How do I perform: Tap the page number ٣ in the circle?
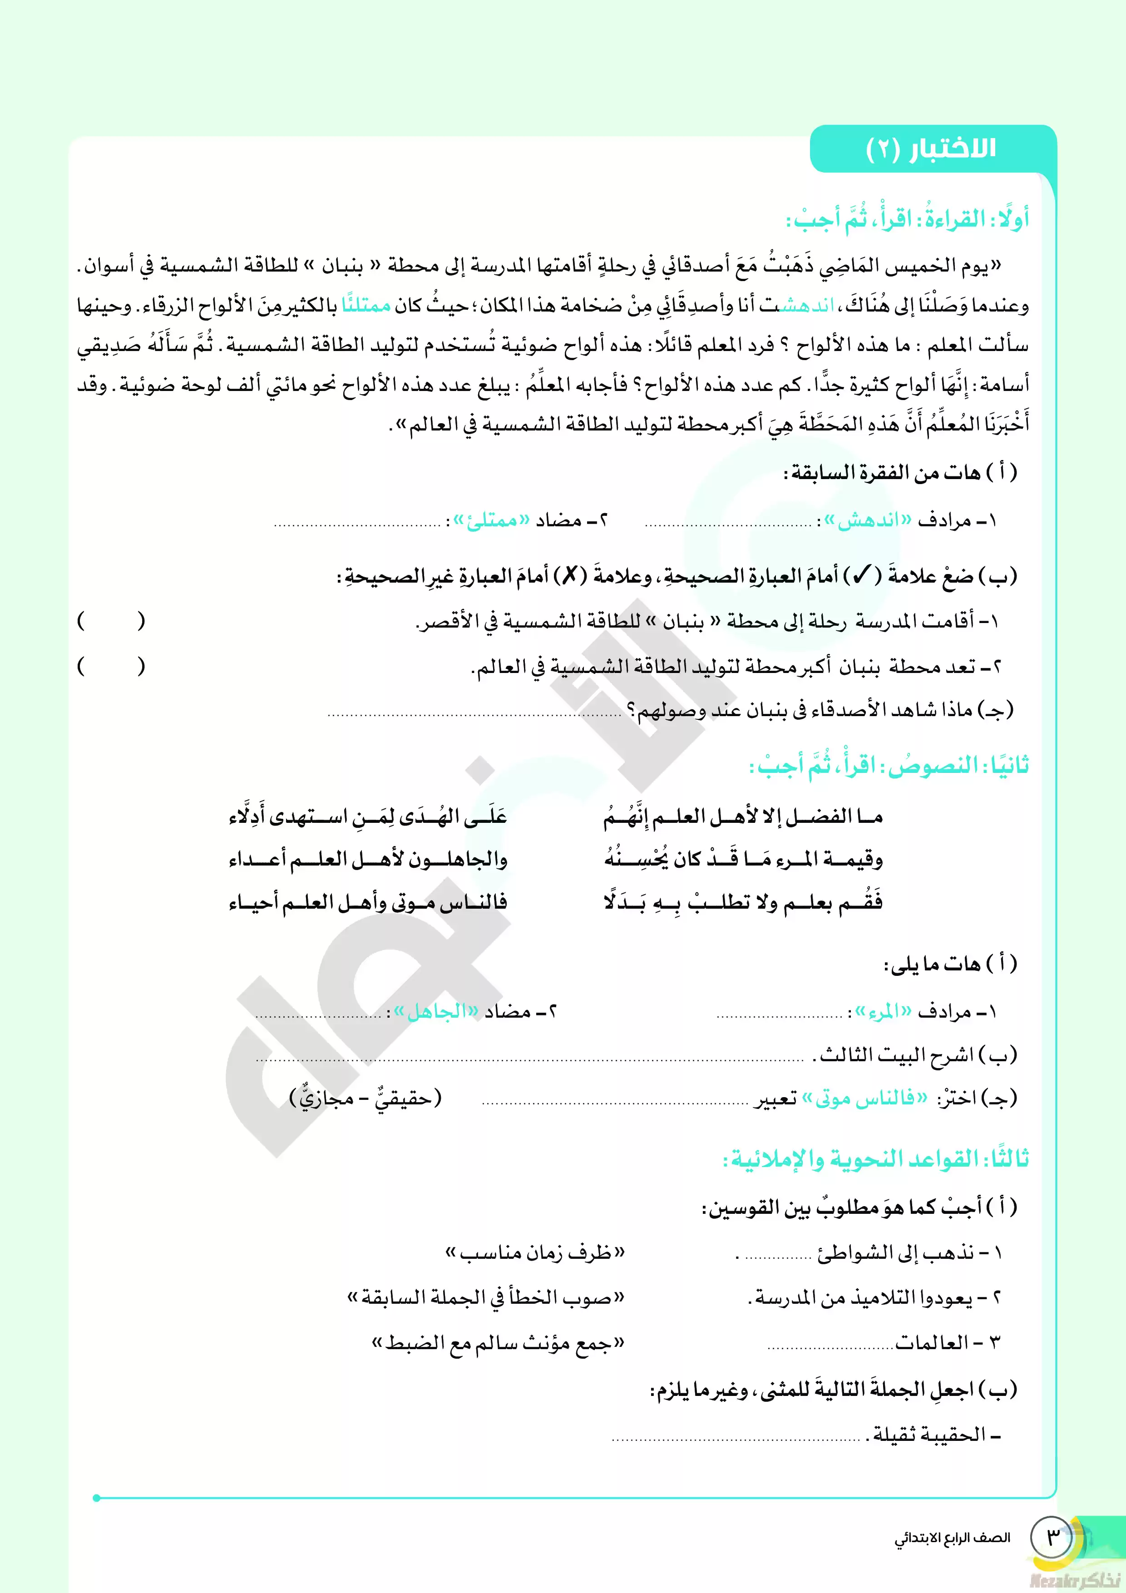tap(1052, 1537)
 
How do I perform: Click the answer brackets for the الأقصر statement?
tap(111, 620)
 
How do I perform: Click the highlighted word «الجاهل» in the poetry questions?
tap(436, 1012)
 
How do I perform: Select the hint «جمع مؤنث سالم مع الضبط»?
tap(498, 1342)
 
